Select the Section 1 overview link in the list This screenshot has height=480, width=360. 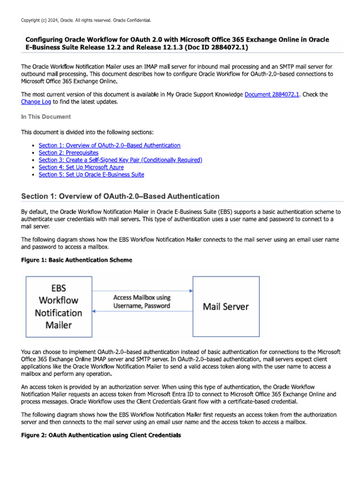pos(109,146)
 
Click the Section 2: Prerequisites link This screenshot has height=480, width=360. pos(68,153)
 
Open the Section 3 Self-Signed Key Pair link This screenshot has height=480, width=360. pos(120,160)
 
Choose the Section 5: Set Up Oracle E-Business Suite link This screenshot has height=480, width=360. pos(91,174)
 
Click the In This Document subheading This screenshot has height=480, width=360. pos(46,117)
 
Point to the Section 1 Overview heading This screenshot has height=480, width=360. pos(120,196)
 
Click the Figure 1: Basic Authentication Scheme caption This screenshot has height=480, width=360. pos(76,260)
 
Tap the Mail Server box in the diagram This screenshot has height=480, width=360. pos(225,307)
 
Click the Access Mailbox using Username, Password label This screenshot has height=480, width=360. pos(142,301)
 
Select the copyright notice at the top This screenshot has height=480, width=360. pos(86,20)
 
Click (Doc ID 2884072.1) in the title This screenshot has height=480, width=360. pos(217,47)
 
